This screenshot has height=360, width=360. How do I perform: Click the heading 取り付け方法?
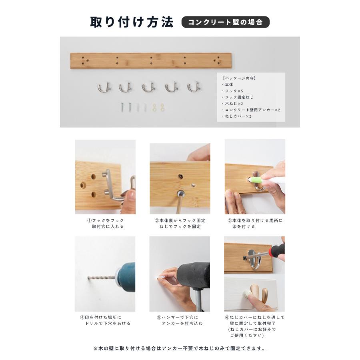(132, 22)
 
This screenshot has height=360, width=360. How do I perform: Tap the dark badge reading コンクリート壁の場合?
(226, 22)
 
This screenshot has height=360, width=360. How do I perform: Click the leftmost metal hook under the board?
(103, 86)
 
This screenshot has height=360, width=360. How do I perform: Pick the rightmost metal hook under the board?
(194, 86)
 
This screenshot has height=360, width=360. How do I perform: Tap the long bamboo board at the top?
(151, 60)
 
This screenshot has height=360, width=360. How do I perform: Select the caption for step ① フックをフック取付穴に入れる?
(106, 223)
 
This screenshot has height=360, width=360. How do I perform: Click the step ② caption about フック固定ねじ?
(180, 223)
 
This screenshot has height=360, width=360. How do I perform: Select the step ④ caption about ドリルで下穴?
(106, 320)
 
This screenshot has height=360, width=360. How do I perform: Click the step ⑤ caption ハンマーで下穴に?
(180, 320)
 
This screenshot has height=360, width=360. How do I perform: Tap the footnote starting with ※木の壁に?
(180, 348)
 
